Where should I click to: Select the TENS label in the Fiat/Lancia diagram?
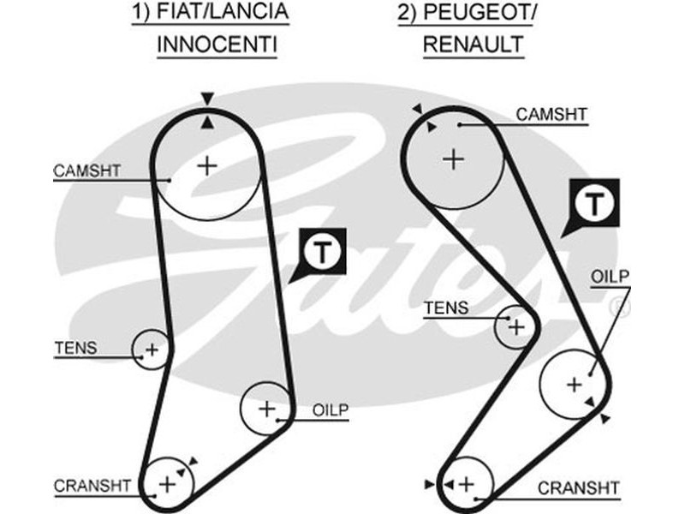(x=75, y=348)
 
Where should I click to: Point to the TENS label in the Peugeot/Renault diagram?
(x=447, y=308)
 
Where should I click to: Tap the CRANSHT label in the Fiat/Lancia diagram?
(x=92, y=486)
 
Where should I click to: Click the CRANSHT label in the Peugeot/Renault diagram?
(x=578, y=488)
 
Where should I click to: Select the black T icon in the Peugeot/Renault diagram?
(x=594, y=204)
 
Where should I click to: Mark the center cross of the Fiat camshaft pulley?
(x=206, y=164)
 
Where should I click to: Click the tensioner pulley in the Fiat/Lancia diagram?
(x=152, y=349)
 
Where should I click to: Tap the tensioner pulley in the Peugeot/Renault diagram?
(x=516, y=326)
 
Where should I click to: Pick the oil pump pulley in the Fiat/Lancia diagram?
(x=265, y=408)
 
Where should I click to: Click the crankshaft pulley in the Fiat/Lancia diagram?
(x=167, y=485)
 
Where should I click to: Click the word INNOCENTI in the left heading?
(x=217, y=44)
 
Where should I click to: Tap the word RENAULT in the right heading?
(x=473, y=44)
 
